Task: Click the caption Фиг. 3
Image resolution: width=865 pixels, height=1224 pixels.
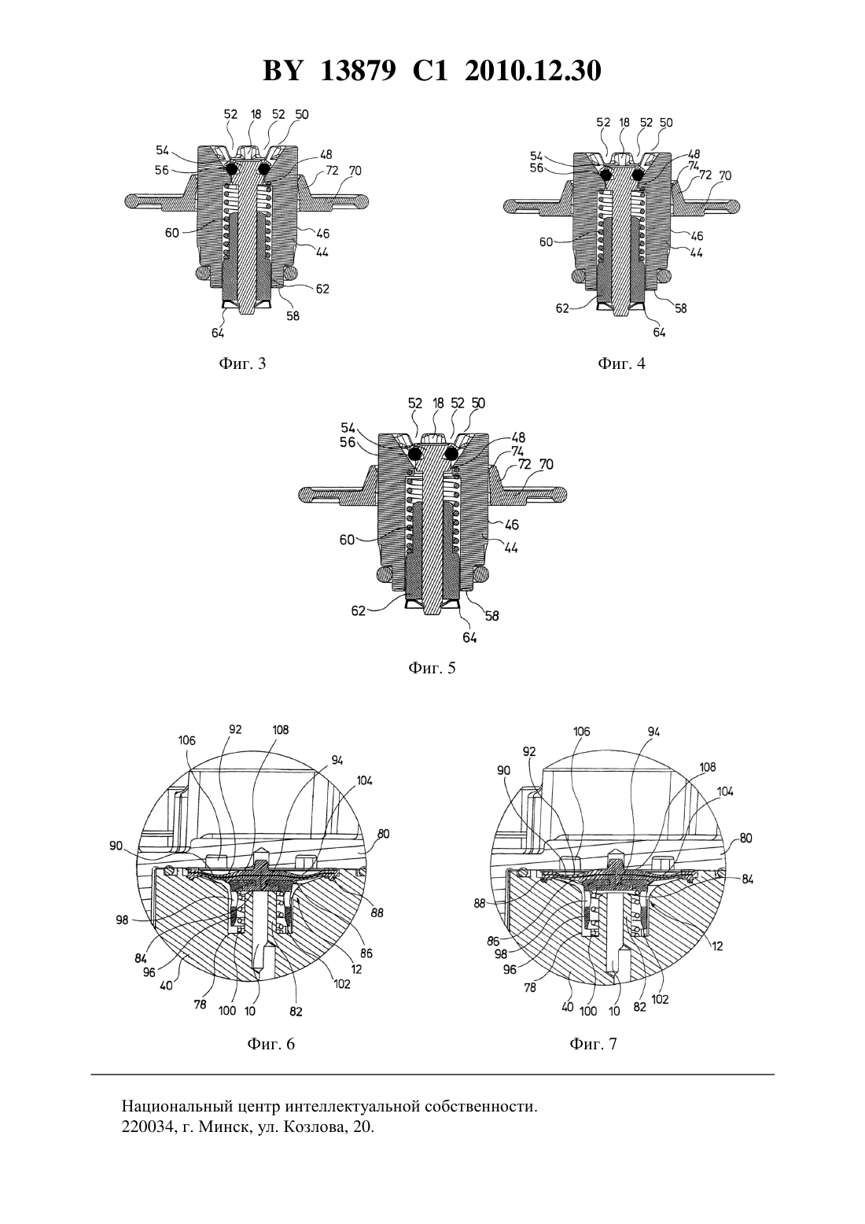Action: (242, 363)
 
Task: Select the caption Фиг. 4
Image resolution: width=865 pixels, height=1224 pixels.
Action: (621, 363)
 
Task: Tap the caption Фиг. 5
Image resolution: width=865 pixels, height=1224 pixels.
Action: (432, 668)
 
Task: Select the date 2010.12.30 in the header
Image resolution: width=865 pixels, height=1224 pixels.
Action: (533, 71)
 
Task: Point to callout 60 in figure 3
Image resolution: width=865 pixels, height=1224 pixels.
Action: (172, 234)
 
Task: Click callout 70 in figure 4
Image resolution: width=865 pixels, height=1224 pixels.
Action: (725, 175)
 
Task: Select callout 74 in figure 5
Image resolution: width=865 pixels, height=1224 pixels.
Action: (517, 452)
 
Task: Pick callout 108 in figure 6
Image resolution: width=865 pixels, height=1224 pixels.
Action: (280, 729)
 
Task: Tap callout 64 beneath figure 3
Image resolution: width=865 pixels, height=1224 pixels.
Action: (219, 332)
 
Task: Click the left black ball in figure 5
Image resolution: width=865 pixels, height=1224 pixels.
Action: (416, 453)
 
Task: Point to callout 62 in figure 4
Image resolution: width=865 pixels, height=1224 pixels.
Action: (562, 308)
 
